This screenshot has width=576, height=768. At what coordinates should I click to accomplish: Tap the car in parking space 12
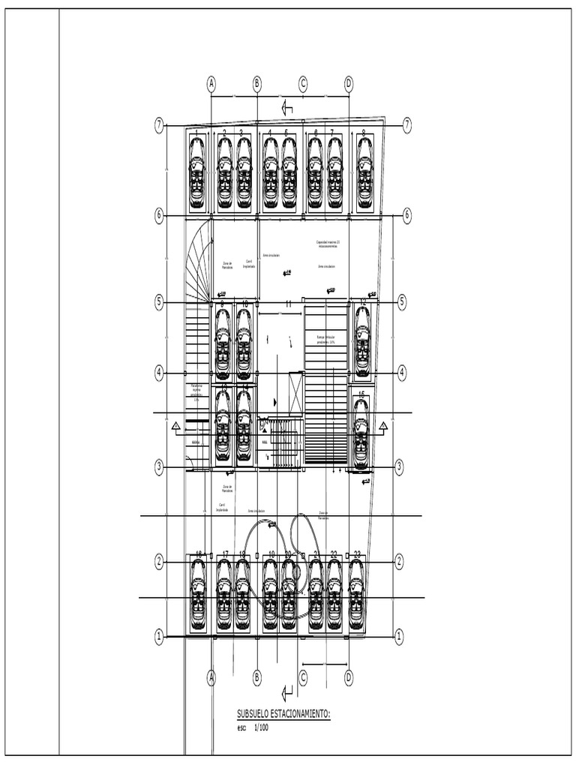[362, 342]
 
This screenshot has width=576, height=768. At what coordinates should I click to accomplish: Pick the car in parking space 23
[355, 594]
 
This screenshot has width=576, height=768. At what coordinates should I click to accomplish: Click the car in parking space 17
[223, 594]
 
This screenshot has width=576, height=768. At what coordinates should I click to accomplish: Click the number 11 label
[288, 304]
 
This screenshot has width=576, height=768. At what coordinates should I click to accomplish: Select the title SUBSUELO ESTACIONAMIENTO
[283, 715]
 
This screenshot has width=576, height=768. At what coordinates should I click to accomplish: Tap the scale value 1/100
[260, 727]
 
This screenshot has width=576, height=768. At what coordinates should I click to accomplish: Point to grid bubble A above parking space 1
[211, 83]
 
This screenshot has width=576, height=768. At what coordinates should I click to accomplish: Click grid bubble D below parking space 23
[349, 677]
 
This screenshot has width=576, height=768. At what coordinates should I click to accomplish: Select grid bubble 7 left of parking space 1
[159, 126]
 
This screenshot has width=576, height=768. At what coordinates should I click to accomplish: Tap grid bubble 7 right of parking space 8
[407, 125]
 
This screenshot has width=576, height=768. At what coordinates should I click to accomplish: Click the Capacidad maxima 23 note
[328, 244]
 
